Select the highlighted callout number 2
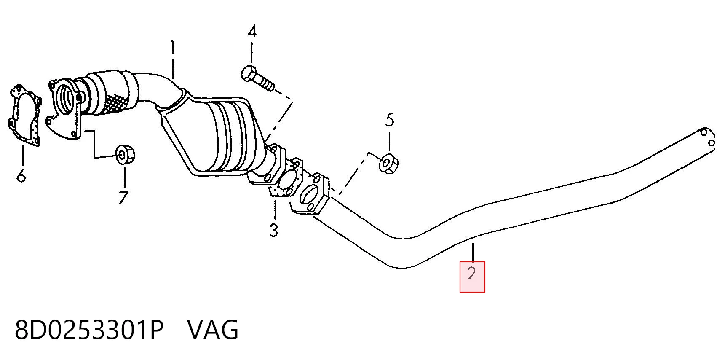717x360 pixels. (x=471, y=274)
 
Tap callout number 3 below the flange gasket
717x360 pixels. (x=273, y=230)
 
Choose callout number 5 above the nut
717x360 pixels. (x=390, y=120)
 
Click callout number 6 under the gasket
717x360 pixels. (x=21, y=175)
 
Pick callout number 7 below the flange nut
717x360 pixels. (x=123, y=197)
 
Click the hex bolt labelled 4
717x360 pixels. (x=257, y=78)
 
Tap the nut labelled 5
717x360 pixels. (x=388, y=164)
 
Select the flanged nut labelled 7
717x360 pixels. (x=125, y=154)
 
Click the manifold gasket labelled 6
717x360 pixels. (x=24, y=116)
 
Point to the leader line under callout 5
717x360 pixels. (x=390, y=141)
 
